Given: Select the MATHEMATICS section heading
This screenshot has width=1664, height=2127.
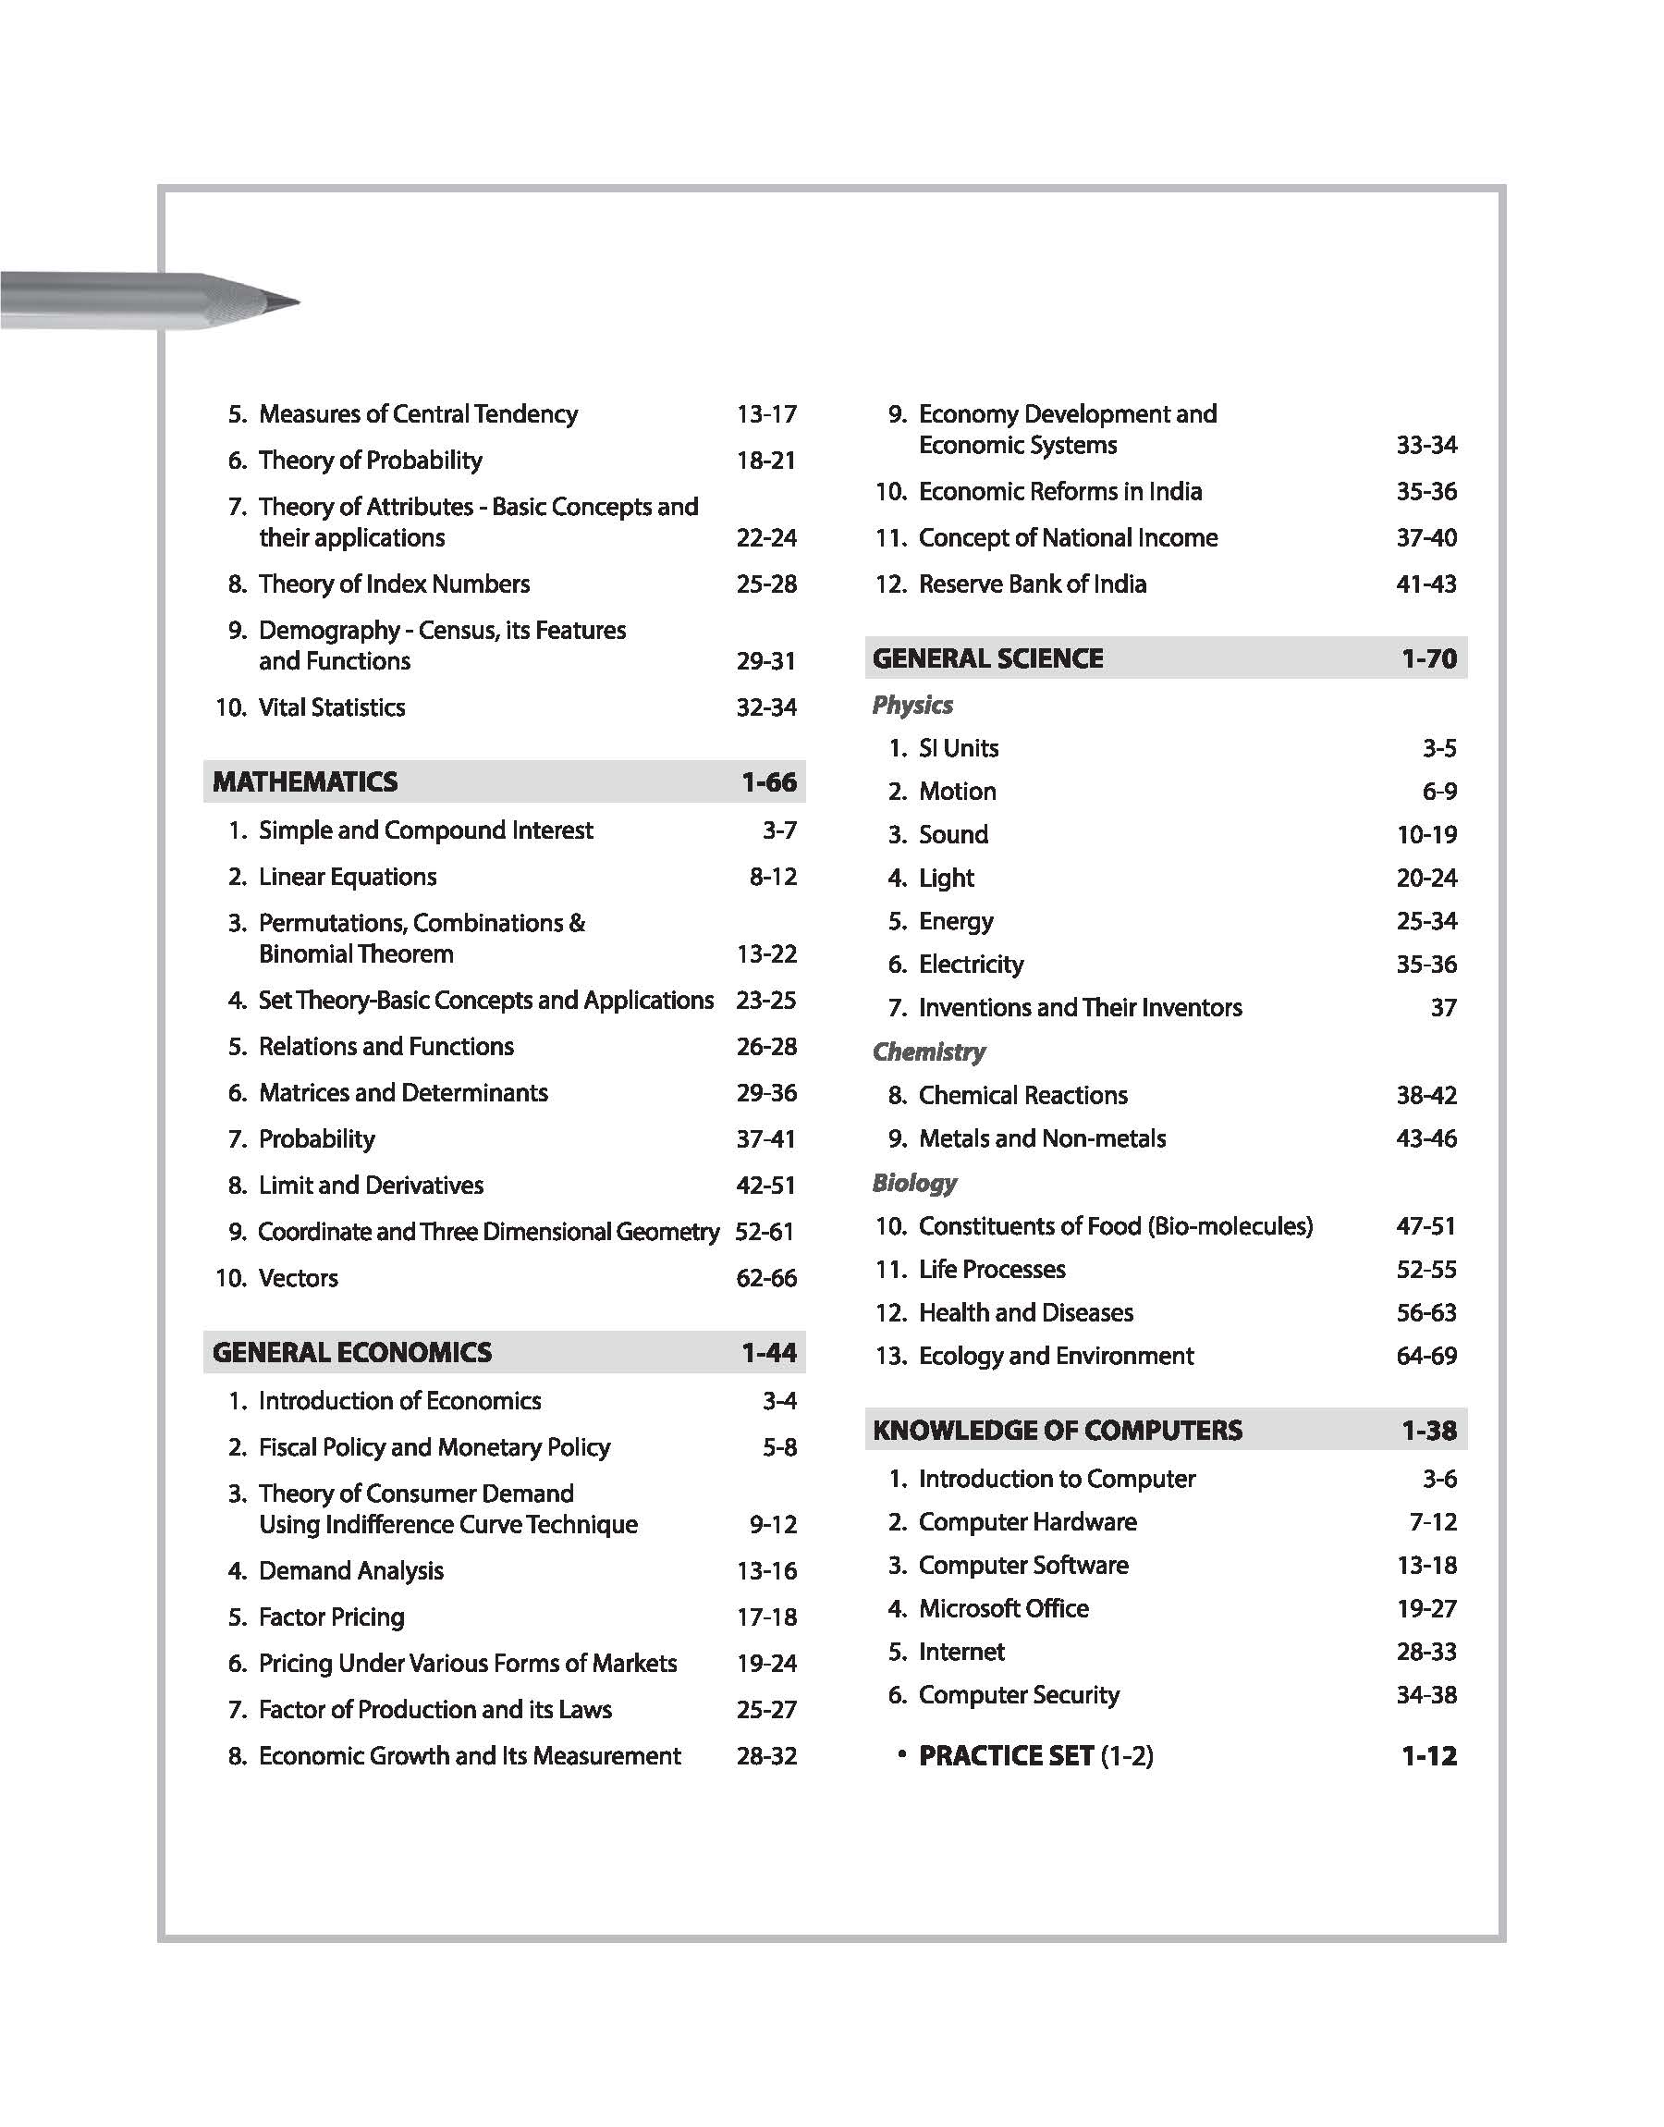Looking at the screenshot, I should [305, 782].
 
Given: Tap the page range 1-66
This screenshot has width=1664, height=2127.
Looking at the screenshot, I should [768, 782].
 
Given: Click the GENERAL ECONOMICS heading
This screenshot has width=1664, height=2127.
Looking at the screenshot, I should [351, 1352].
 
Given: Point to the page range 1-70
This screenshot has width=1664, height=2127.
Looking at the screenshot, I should [1428, 658].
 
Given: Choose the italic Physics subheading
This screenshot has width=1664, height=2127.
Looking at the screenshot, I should [912, 705].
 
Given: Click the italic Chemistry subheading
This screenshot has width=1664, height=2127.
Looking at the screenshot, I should [928, 1051].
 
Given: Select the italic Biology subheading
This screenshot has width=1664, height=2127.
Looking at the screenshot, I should [914, 1183].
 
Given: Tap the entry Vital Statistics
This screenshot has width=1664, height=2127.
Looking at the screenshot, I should [331, 707].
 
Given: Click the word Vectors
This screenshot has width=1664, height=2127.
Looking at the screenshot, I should [298, 1278].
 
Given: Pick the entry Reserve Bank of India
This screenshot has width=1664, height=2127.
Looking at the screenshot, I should [1032, 584].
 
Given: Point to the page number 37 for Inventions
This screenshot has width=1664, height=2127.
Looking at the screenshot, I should [1443, 1008].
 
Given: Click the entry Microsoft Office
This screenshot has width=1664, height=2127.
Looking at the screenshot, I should [1003, 1608].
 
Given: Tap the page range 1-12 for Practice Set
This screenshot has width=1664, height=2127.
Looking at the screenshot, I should [1428, 1757].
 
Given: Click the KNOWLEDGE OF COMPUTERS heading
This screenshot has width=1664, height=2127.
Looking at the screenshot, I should [1057, 1431].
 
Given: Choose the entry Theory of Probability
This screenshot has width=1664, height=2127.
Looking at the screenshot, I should [370, 461].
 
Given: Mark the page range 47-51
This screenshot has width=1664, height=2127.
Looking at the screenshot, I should [1425, 1226].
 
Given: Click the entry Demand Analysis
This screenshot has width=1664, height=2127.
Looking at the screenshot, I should [350, 1570].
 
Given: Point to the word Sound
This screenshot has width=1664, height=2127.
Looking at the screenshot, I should [953, 835].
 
